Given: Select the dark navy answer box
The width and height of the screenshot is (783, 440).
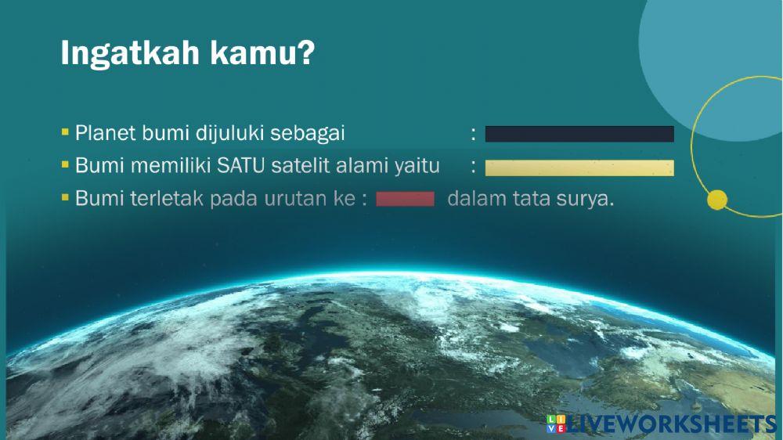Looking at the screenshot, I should point(579,134).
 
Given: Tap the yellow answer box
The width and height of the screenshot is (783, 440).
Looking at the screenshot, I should point(579,168).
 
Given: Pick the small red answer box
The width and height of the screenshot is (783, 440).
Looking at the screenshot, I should point(405,199).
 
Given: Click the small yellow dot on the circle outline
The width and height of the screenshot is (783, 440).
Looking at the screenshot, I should point(716,200).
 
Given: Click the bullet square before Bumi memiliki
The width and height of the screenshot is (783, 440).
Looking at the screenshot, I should point(65,165).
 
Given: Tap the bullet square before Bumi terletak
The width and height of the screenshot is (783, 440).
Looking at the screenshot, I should point(65,198).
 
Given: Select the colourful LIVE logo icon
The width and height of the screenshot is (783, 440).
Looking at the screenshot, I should point(555,424).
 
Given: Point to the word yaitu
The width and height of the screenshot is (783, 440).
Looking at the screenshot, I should point(418,166).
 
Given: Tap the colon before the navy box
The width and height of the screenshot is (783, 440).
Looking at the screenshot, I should point(474,134).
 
